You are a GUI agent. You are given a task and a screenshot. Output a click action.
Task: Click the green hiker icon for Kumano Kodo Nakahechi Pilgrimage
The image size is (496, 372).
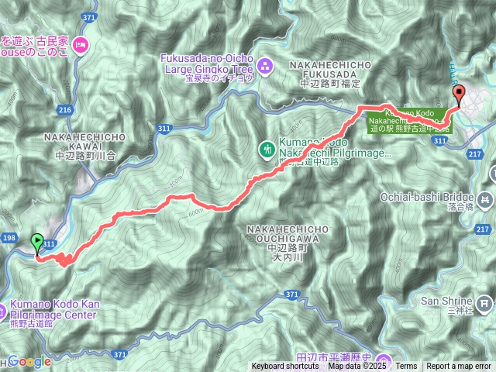pos(267,146)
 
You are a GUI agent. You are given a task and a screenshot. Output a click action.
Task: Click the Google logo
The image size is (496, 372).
pos(29,361)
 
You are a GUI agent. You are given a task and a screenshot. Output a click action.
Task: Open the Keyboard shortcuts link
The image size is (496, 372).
pos(285,366)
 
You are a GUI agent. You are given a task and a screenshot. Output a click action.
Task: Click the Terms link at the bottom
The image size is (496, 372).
pos(406,366)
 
